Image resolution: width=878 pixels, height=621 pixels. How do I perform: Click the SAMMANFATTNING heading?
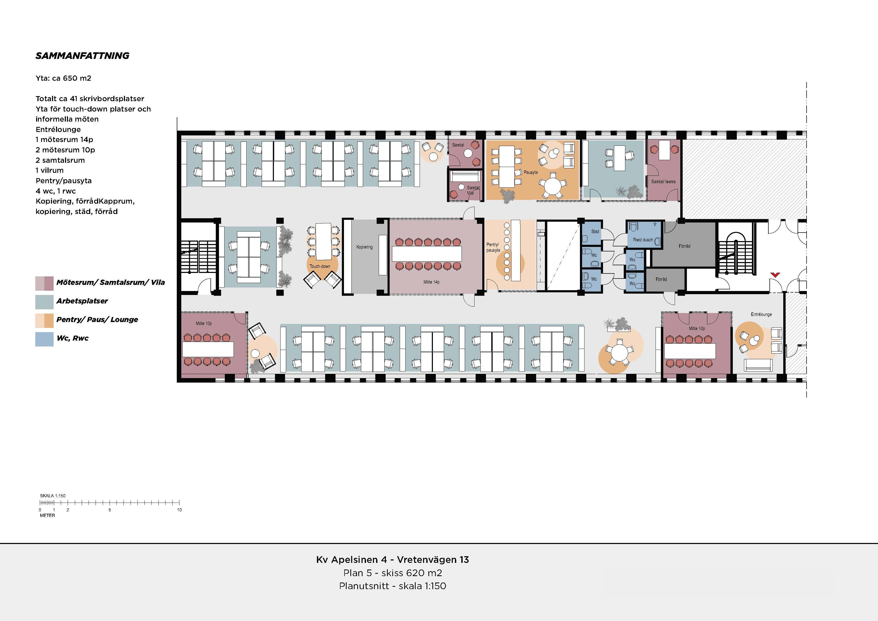coord(82,56)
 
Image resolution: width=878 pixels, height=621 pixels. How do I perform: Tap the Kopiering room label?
coord(364,247)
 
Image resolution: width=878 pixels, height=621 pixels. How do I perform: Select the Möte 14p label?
coord(431,282)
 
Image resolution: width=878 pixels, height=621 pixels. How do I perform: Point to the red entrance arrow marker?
coord(775,275)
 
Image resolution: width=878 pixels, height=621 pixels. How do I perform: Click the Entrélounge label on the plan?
coord(761,315)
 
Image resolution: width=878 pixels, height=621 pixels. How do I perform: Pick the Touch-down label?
coord(320,266)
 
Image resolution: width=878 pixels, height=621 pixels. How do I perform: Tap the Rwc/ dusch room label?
coord(643,240)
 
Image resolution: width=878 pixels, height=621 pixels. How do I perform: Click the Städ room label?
coord(595,232)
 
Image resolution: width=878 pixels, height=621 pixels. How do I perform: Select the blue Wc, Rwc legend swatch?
coord(44,339)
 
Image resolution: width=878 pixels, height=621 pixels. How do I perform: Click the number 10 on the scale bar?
coord(179,510)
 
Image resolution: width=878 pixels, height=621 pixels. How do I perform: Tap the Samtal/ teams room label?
coord(664,182)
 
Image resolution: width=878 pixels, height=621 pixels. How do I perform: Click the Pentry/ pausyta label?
coord(493,247)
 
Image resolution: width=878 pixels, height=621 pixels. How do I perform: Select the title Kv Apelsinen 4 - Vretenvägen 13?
coord(392,560)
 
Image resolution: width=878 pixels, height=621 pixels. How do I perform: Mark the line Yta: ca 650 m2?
coord(63,78)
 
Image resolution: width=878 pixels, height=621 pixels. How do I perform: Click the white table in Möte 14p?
coord(427,253)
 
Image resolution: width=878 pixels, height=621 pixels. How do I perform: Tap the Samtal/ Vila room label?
coord(473,190)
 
